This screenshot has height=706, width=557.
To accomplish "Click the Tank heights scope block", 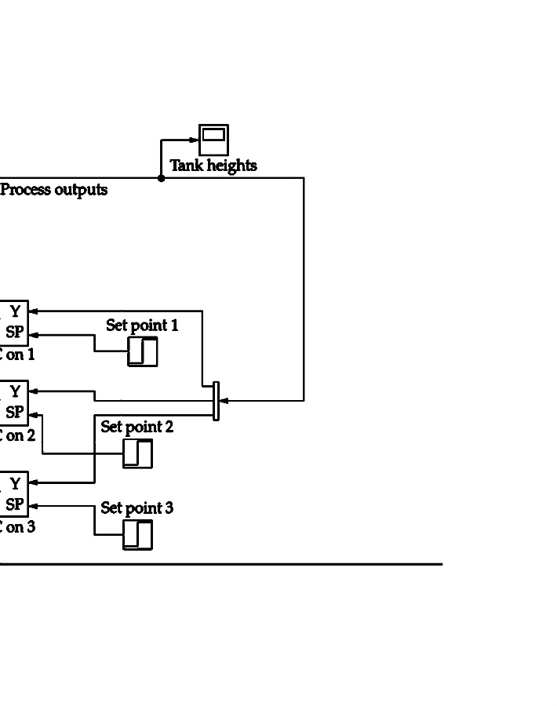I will coord(213,140).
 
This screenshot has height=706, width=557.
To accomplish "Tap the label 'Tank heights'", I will coord(213,166).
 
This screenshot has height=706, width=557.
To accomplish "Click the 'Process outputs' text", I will coord(54,190).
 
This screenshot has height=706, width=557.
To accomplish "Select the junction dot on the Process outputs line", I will coord(162,178).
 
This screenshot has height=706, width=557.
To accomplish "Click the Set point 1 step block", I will coord(143,351).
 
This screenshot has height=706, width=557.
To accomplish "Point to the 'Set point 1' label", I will coord(142,325).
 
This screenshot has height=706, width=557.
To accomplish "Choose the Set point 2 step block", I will coord(137,453).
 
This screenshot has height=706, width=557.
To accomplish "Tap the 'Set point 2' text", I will coord(137,428).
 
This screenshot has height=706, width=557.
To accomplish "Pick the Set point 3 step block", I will coord(137,535).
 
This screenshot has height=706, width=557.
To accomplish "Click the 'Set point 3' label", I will coord(137,508).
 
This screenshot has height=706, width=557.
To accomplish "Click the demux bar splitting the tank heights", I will coord(216,401).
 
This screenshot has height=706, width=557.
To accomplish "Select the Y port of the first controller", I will coord(15,312).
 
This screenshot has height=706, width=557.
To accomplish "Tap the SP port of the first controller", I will coord(14,333).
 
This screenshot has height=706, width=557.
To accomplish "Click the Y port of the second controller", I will coord(15,391).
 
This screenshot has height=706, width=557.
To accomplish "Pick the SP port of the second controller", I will coord(14,413).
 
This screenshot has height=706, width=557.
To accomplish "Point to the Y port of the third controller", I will coord(15,484).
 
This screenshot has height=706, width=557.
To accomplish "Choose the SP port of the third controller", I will coord(14,504).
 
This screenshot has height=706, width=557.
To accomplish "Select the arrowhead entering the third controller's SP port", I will coord(33,506).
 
